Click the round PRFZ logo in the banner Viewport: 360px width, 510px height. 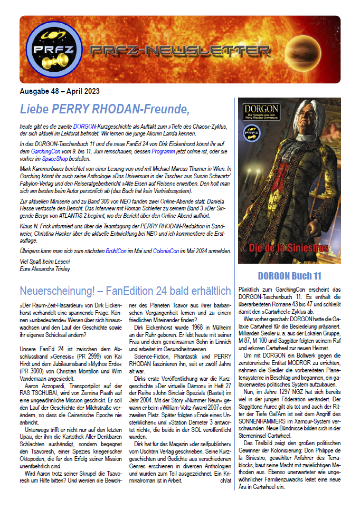pyautogui.click(x=46, y=50)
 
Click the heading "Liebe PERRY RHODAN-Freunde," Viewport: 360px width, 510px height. pyautogui.click(x=104, y=109)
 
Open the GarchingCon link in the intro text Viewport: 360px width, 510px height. pyautogui.click(x=44, y=151)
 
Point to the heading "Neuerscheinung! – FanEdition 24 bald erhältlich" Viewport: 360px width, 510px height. pyautogui.click(x=125, y=291)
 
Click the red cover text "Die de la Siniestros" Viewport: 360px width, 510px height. pyautogui.click(x=289, y=248)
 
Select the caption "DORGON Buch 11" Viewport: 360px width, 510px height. pyautogui.click(x=289, y=276)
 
